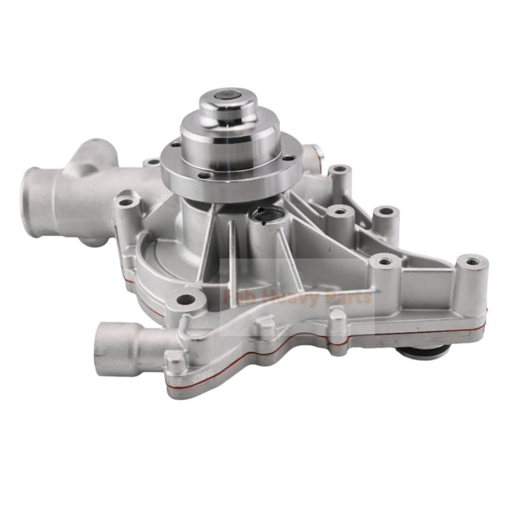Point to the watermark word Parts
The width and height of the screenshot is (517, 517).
click(x=350, y=296)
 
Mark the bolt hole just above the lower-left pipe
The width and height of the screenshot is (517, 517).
click(x=187, y=300)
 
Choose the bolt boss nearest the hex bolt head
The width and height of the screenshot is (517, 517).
click(x=339, y=172)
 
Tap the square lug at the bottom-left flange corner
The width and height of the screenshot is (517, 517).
click(x=174, y=361)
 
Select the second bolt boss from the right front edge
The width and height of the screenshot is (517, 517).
click(x=381, y=262)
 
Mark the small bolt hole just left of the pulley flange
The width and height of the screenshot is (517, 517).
click(x=152, y=163)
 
